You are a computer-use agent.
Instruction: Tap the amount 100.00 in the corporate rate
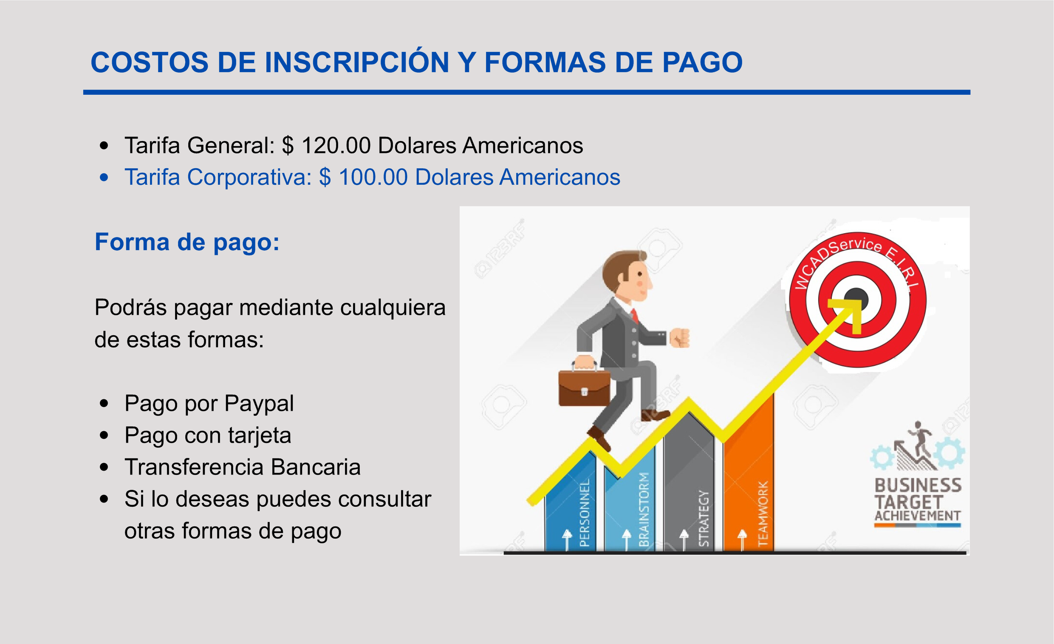click(373, 177)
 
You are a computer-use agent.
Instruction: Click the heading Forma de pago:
click(187, 242)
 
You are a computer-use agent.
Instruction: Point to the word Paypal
click(259, 404)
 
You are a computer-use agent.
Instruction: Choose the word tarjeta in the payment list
click(260, 435)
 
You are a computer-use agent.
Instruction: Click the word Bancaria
click(316, 467)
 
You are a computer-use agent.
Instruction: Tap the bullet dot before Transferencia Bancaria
click(104, 467)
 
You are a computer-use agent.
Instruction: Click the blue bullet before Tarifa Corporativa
click(104, 178)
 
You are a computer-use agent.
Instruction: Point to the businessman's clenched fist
click(680, 337)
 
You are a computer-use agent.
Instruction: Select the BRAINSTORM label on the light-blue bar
click(644, 509)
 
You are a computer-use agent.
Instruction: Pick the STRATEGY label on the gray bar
click(704, 518)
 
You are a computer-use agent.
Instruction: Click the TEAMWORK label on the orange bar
click(763, 514)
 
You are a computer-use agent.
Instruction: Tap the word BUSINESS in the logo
click(918, 486)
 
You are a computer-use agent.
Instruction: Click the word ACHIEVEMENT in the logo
click(918, 516)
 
